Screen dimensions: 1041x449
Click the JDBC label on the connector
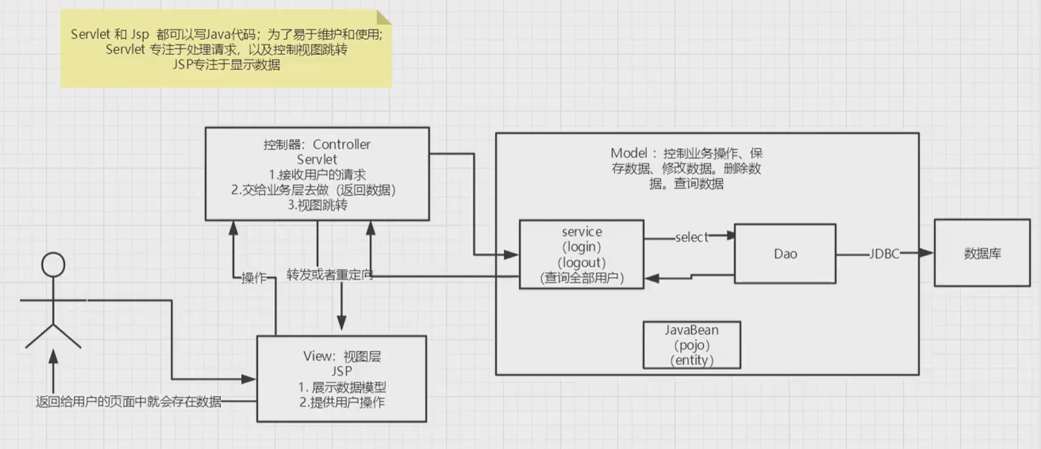tap(884, 254)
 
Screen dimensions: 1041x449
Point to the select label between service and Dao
tap(691, 238)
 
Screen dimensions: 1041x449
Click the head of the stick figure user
tap(53, 264)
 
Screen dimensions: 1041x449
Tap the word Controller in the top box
tap(341, 144)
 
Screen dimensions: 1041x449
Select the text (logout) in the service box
tap(581, 262)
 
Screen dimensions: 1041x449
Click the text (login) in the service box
tap(581, 247)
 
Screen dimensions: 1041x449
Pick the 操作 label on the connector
tap(254, 278)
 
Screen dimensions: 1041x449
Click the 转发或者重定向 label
tap(330, 275)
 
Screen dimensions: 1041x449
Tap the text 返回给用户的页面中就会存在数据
tap(129, 402)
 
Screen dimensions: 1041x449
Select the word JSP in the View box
tap(341, 371)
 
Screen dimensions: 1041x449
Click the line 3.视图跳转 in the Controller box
tap(317, 205)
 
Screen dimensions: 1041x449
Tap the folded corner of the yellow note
tap(384, 17)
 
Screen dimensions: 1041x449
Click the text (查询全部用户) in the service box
tap(582, 278)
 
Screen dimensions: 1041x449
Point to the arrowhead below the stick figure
tap(54, 357)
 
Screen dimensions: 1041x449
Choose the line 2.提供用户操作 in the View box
tap(342, 402)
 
